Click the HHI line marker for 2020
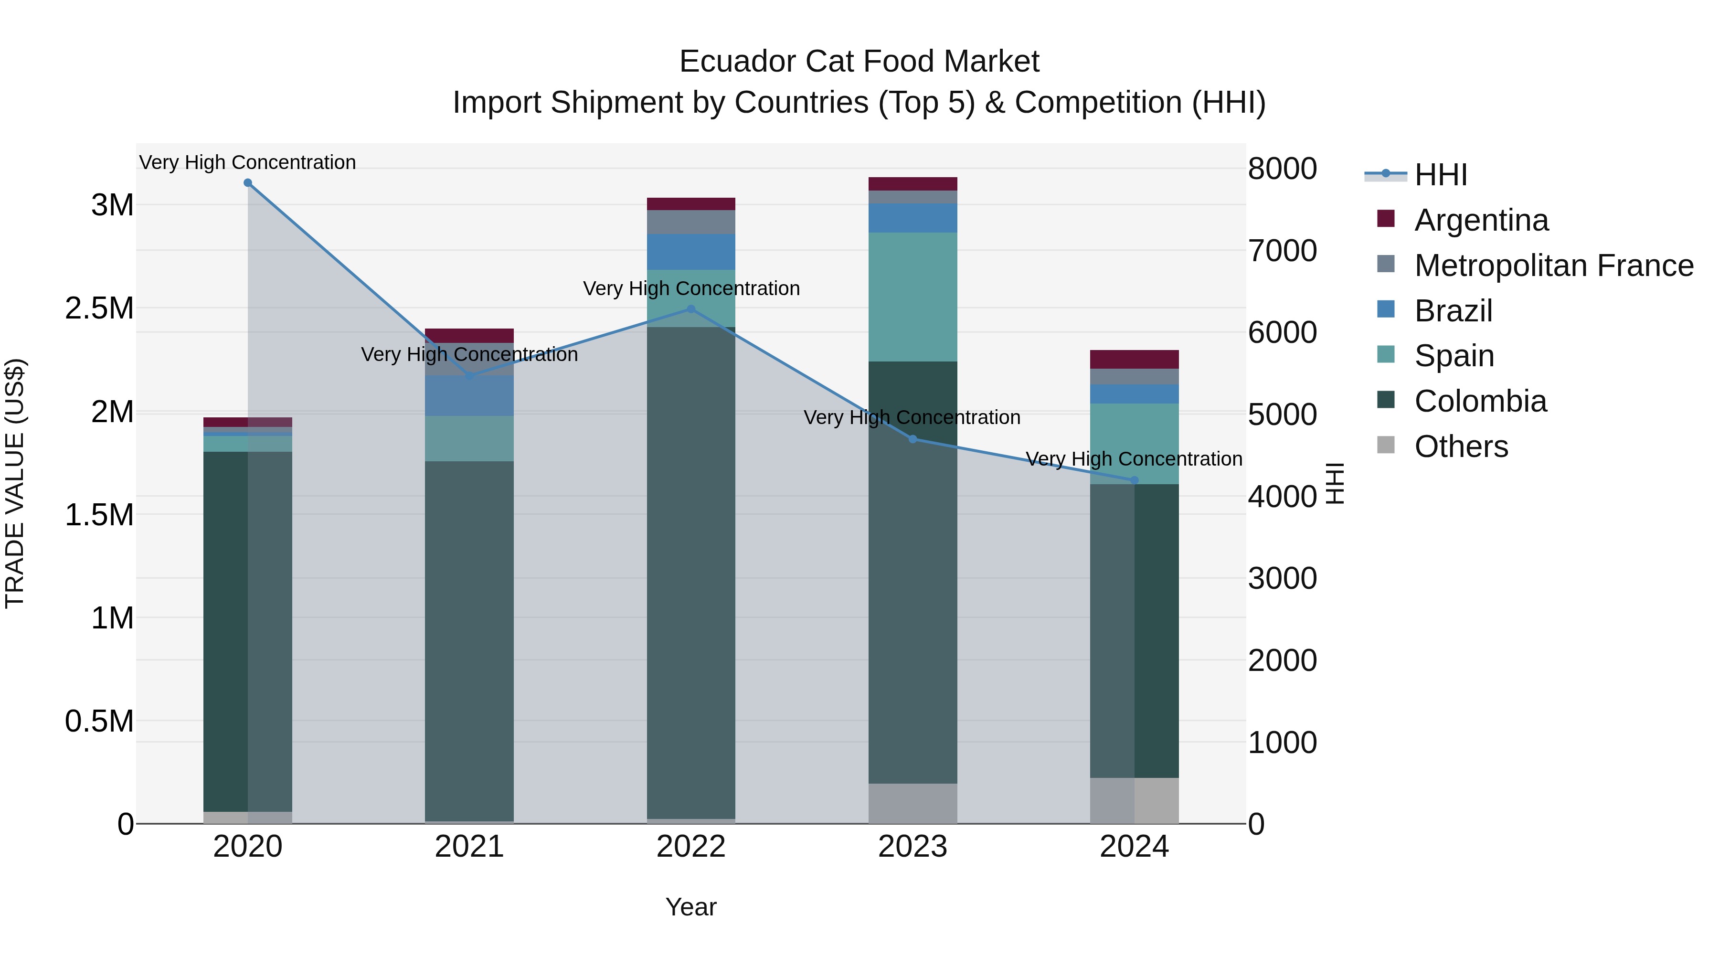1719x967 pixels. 247,183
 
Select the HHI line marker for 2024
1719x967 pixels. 1135,480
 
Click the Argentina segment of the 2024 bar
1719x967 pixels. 1135,359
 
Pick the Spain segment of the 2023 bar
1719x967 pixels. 913,297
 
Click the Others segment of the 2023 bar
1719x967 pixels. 913,804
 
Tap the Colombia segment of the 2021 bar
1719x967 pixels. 469,641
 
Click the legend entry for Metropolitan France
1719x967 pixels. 1553,266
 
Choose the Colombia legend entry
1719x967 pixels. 1480,401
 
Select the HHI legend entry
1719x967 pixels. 1440,175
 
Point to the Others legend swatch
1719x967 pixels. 1386,445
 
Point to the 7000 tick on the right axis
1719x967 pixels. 1282,251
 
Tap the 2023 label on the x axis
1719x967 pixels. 913,847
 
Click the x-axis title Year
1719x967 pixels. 690,907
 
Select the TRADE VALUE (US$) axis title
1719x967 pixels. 15,483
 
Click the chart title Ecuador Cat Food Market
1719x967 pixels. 859,62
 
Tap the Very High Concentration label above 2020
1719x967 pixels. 247,162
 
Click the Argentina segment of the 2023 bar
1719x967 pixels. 913,183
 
